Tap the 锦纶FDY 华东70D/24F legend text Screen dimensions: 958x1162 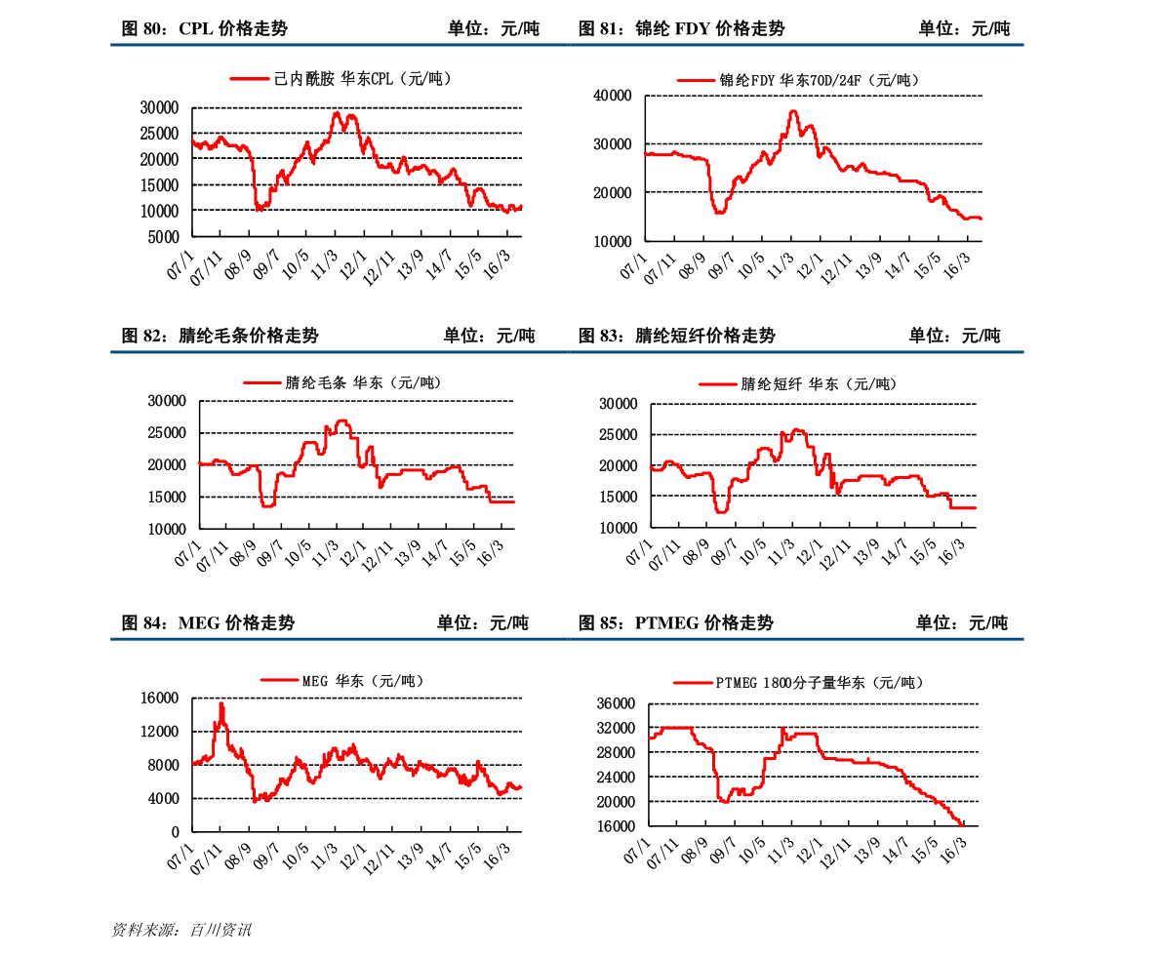819,81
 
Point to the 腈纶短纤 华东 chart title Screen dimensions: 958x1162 818,384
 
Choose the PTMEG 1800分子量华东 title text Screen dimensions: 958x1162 819,683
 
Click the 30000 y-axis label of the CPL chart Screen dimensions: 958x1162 159,107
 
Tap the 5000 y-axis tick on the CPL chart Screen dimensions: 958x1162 164,237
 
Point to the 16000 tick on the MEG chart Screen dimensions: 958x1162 159,699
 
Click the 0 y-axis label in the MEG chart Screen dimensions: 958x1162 176,832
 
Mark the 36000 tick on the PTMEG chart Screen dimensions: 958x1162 616,704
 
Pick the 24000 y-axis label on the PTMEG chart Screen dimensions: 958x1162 616,778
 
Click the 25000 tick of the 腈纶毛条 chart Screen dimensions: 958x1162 166,433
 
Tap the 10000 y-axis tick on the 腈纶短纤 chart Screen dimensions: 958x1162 618,528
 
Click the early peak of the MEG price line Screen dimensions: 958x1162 221,703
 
